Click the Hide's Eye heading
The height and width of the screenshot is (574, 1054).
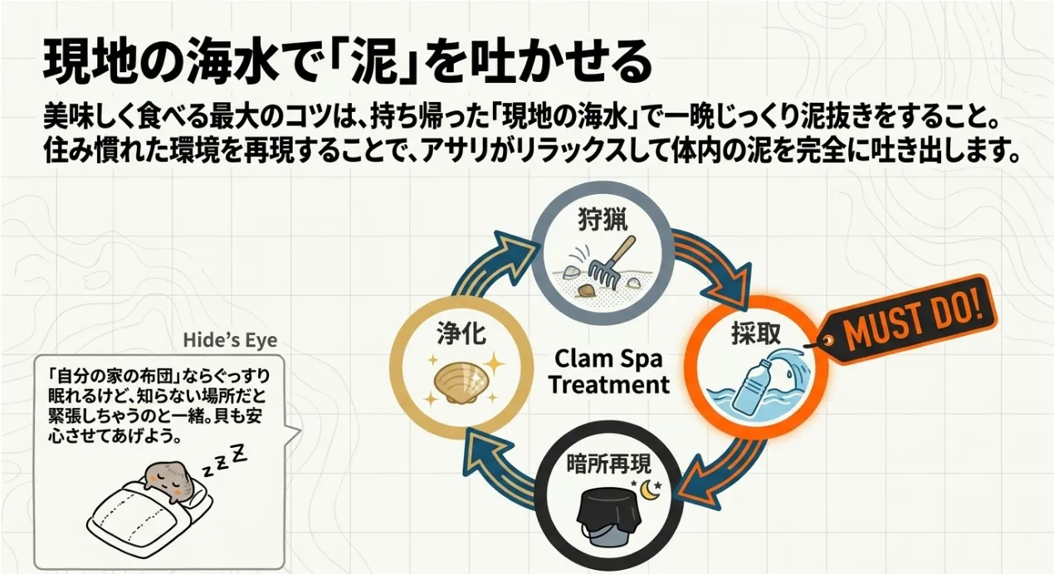pos(230,341)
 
